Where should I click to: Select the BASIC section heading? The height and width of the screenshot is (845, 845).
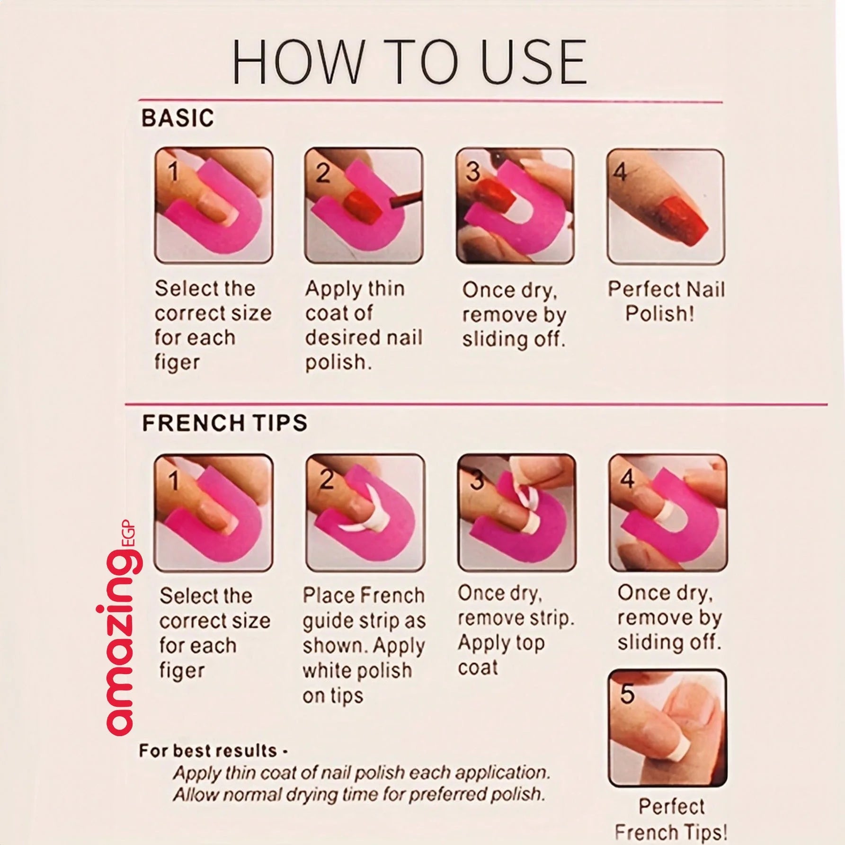point(178,118)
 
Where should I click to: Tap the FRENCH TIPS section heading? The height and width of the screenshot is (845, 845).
point(224,423)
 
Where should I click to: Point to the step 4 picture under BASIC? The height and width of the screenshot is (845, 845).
point(666,206)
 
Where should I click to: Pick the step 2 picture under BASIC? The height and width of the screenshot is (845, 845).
point(363,205)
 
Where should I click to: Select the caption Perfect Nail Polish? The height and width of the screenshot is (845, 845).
point(666,301)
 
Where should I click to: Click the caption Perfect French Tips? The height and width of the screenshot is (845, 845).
point(670,819)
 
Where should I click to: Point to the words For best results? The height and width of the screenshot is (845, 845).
point(208,751)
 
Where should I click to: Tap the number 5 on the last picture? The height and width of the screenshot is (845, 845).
point(627,694)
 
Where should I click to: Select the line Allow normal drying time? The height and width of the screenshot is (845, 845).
point(358,794)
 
